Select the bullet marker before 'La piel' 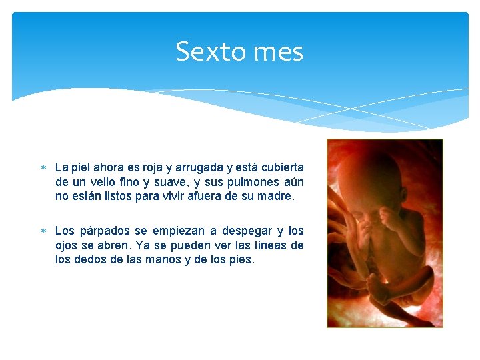pos(43,167)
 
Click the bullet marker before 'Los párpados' pos(43,231)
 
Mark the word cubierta pos(280,167)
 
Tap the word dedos pos(87,260)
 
